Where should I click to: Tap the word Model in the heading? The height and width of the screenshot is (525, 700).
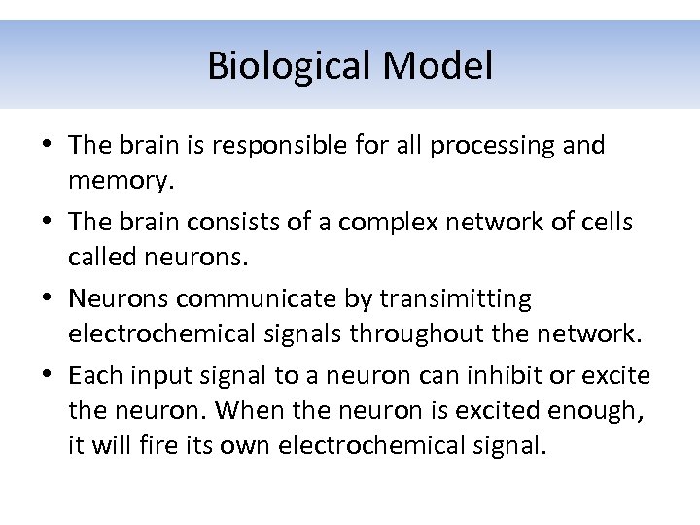click(x=437, y=67)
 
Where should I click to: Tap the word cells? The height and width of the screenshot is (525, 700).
click(x=606, y=222)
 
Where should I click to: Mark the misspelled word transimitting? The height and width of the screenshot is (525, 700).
click(x=456, y=298)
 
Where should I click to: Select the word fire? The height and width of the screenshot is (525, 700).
click(x=180, y=447)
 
